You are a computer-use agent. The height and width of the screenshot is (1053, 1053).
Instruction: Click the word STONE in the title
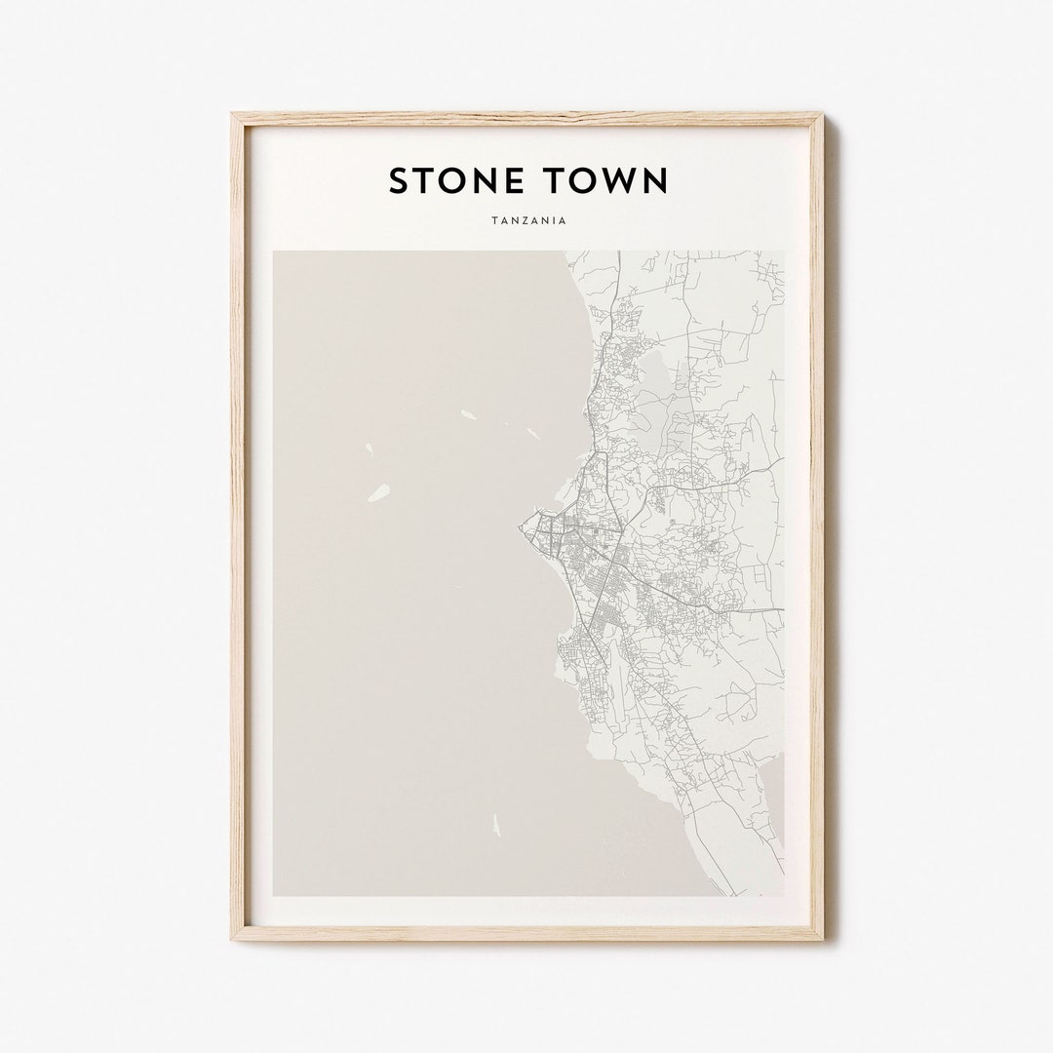458,180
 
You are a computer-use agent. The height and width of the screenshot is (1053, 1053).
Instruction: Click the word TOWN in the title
608,180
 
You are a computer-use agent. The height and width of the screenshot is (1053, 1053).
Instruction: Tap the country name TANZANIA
527,220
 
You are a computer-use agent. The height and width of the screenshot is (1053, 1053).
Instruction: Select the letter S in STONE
399,180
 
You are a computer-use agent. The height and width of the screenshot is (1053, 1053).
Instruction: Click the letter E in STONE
517,180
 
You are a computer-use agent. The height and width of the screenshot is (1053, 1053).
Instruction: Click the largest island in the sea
377,493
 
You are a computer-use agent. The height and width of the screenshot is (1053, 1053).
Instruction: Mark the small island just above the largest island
370,449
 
